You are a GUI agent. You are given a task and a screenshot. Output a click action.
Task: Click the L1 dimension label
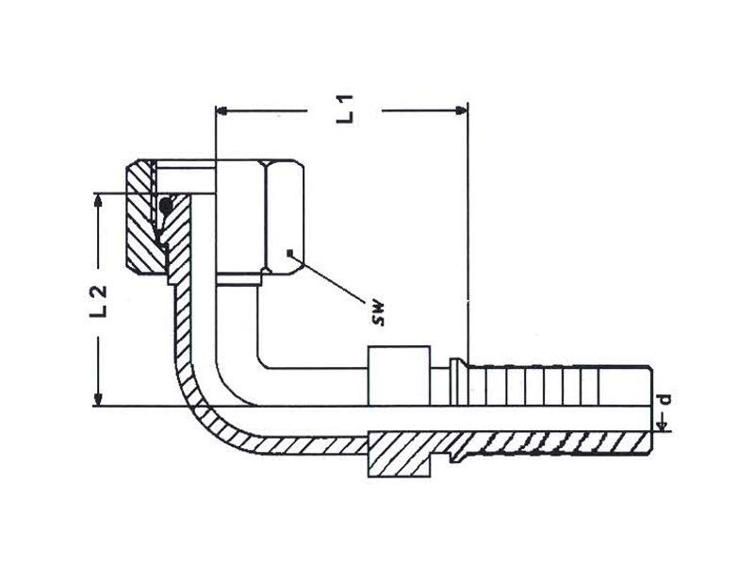coord(348,109)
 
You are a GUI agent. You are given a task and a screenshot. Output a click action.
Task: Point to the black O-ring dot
coord(167,203)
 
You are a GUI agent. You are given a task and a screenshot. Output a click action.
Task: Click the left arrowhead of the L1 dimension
coord(222,110)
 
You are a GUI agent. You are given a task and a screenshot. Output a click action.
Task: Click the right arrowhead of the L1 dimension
coord(461,110)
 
